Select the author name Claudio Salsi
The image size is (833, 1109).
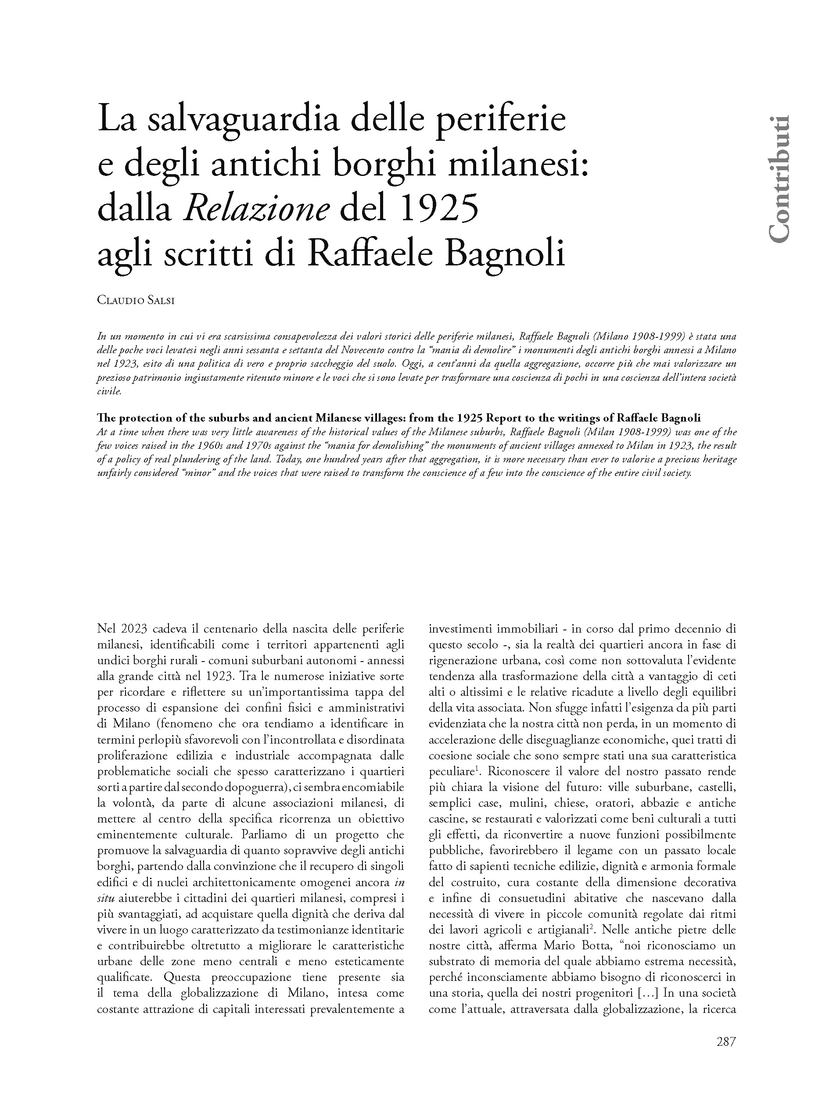(136, 301)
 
